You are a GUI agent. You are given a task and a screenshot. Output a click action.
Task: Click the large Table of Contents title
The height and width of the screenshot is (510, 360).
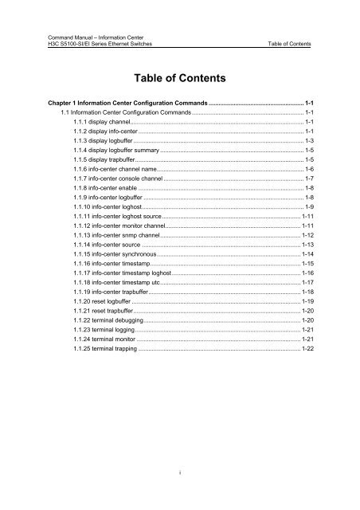[179, 79]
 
